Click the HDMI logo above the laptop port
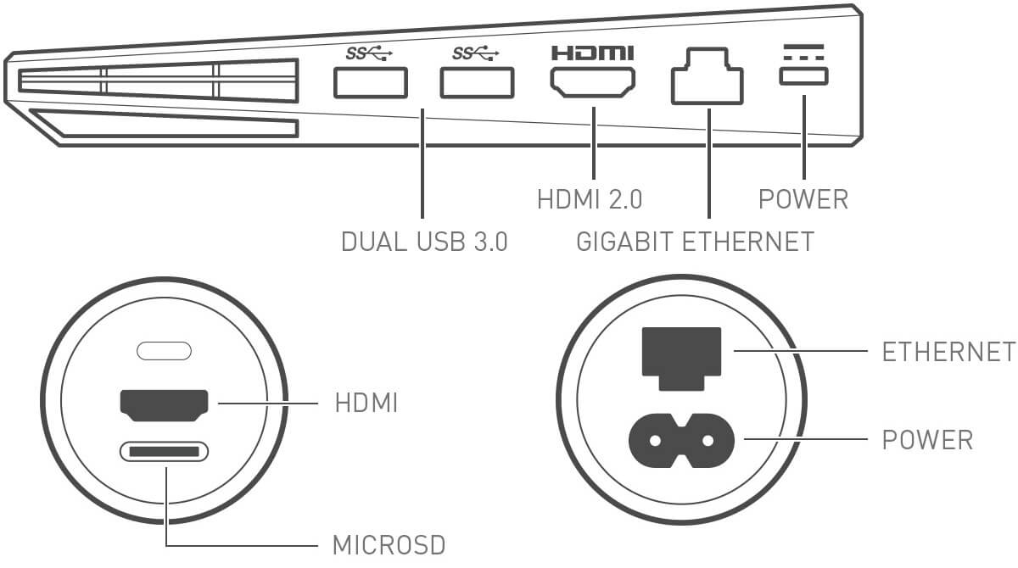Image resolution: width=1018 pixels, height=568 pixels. coord(593,53)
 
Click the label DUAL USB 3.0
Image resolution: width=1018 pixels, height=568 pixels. coord(424,242)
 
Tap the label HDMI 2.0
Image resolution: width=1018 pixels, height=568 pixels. coord(590,200)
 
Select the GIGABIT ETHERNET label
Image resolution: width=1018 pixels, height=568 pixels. coord(695,242)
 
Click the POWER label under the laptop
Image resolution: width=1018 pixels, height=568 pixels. coord(803,200)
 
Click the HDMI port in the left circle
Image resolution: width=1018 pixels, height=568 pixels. coord(165,405)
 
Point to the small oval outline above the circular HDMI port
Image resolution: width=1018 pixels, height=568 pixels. coord(165,349)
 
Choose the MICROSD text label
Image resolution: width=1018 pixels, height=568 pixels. coord(389,544)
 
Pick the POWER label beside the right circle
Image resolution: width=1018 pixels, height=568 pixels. coord(927,440)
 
